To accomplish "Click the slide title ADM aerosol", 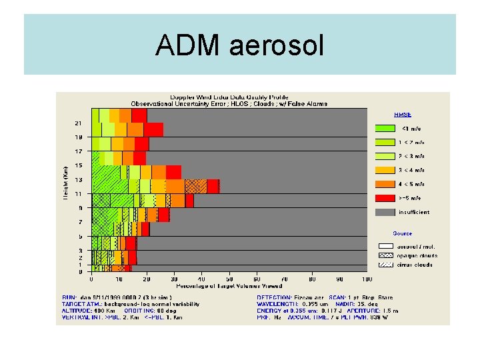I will tap(239, 45).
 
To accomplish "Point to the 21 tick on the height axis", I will tap(78, 123).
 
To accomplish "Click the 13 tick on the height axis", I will tap(78, 179).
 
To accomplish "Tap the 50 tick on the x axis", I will tap(229, 279).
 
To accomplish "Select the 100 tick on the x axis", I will tap(367, 279).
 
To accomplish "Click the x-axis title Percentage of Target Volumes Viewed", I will tap(229, 285).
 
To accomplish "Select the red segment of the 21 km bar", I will tap(153, 129).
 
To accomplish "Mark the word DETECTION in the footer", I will tap(274, 297).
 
